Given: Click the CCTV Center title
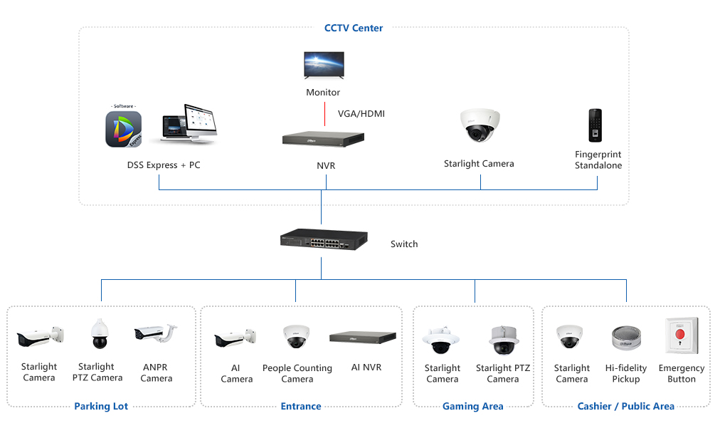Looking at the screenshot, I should pos(354,28).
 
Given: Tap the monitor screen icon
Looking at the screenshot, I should pos(324,65).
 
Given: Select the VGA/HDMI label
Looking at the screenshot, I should pos(361,114).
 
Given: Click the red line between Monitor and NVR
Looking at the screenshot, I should pos(324,115).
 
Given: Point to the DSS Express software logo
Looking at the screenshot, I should pos(124,129).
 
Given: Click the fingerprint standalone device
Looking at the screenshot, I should pos(595,127).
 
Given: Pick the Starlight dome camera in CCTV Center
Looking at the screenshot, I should pos(479,125).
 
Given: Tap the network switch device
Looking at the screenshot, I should pos(324,240).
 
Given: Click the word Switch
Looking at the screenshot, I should pos(404,244).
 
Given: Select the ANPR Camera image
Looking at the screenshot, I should pos(155,333).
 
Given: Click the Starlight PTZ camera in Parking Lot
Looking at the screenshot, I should pos(99,333).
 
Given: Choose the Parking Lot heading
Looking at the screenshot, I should pos(101,407).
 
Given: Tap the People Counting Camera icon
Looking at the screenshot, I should pos(296,336).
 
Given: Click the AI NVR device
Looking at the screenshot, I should pos(363,338).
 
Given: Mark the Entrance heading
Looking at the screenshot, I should pos(301,407).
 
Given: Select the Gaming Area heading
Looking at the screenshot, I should pos(472,407).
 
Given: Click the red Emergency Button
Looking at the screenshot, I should pos(681,335).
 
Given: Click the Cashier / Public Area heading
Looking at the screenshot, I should pos(625,407).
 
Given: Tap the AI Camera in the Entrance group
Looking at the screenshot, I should pos(235,338).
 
